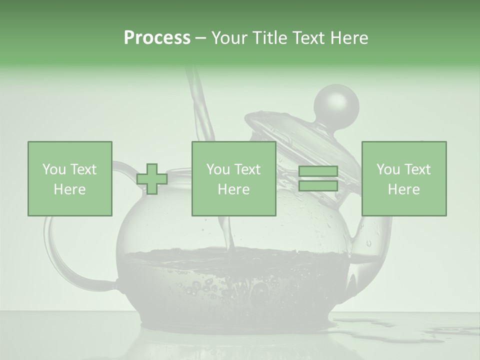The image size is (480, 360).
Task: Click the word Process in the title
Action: pyautogui.click(x=157, y=38)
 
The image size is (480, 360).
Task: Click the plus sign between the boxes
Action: pyautogui.click(x=151, y=179)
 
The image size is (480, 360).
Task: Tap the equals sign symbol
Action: pyautogui.click(x=318, y=179)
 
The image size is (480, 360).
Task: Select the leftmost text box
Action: pyautogui.click(x=70, y=178)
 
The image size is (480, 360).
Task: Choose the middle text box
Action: pyautogui.click(x=233, y=178)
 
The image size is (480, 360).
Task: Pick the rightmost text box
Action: pyautogui.click(x=404, y=178)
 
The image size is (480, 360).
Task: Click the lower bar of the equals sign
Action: pyautogui.click(x=318, y=185)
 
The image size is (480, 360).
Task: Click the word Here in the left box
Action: pyautogui.click(x=70, y=189)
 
